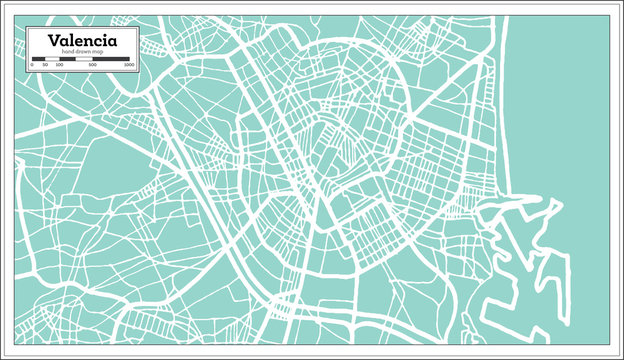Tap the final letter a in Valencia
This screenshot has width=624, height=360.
[111, 42]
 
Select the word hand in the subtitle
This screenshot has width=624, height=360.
[67, 52]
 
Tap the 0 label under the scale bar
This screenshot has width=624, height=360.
[32, 65]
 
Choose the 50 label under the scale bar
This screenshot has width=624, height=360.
[44, 65]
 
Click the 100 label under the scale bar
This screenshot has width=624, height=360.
[59, 65]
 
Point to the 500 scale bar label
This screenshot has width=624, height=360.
[92, 65]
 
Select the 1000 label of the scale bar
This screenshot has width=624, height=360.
[130, 65]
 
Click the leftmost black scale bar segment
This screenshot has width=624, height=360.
[38, 59]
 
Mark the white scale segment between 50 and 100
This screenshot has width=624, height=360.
[52, 59]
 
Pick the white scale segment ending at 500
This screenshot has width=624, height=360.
[83, 59]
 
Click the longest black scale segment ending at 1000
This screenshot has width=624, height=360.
[111, 59]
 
